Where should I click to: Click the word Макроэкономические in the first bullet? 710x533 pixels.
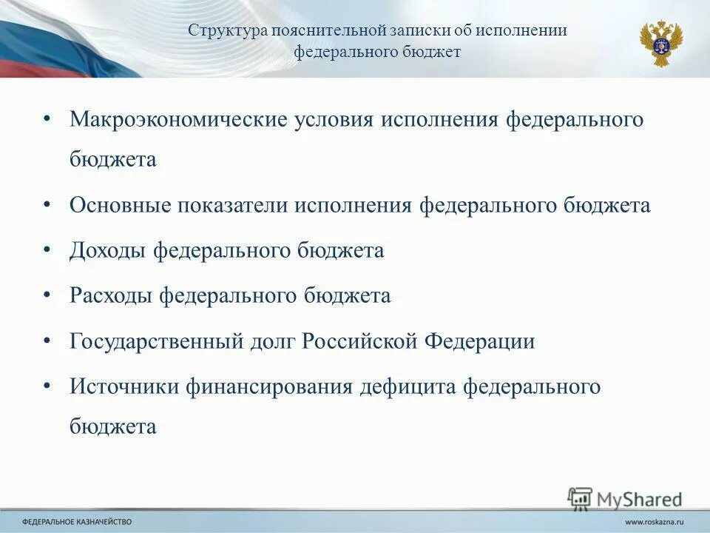click(178, 120)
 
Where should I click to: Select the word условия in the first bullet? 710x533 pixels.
click(334, 120)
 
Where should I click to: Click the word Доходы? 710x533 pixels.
click(108, 250)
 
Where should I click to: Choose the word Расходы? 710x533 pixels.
click(112, 296)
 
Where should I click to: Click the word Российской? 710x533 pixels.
click(361, 342)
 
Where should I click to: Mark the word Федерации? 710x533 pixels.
click(479, 342)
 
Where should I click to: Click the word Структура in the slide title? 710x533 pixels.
click(227, 31)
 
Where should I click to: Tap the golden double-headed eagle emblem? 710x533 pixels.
click(660, 43)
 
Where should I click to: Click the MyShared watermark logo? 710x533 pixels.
click(625, 498)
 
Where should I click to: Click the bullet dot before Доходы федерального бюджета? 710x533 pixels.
click(47, 249)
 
